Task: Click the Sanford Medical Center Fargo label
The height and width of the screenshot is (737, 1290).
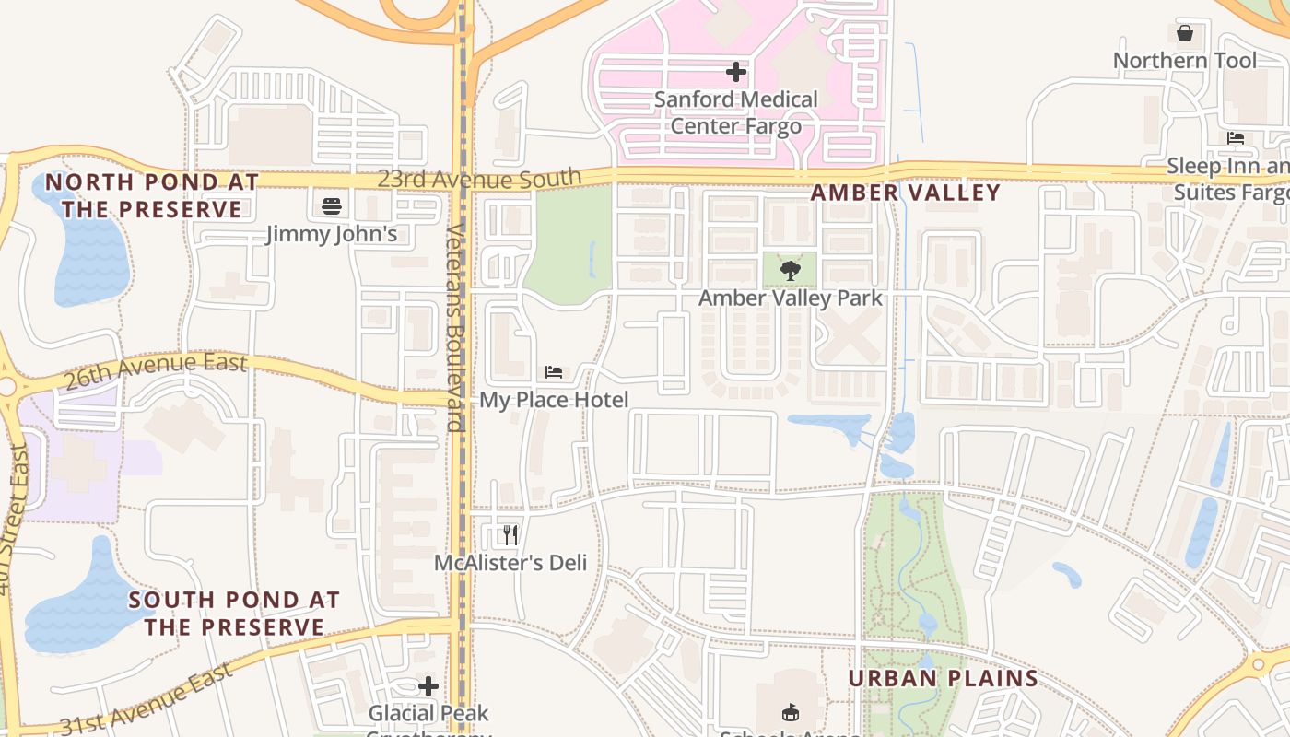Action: coord(735,111)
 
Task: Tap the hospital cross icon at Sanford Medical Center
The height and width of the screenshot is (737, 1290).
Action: coord(735,71)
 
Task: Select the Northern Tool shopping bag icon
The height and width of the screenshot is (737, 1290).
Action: coord(1185,34)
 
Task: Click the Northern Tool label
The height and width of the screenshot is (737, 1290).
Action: coord(1185,61)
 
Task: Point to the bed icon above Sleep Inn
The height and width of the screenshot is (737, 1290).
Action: coord(1236,138)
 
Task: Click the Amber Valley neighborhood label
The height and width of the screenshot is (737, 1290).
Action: coord(905,193)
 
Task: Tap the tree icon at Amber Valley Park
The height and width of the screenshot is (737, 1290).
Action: coord(790,271)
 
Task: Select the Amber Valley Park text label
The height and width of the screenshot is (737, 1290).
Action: coord(790,298)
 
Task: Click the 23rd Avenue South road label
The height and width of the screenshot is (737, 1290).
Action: coord(479,178)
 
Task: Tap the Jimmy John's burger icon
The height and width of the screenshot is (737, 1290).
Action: coord(332,206)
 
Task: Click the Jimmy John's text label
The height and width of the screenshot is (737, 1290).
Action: coord(332,234)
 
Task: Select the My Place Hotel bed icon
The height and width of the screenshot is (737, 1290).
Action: coord(554,372)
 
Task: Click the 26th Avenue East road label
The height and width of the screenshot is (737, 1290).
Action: coord(157,370)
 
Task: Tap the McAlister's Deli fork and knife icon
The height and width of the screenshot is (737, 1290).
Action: coord(510,535)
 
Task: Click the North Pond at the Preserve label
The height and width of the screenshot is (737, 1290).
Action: coord(152,195)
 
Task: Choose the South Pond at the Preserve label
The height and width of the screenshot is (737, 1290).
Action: coord(234,614)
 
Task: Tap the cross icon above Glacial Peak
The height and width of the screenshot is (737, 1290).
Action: coord(428,686)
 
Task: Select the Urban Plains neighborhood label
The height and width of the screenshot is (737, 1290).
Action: coord(943,679)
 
